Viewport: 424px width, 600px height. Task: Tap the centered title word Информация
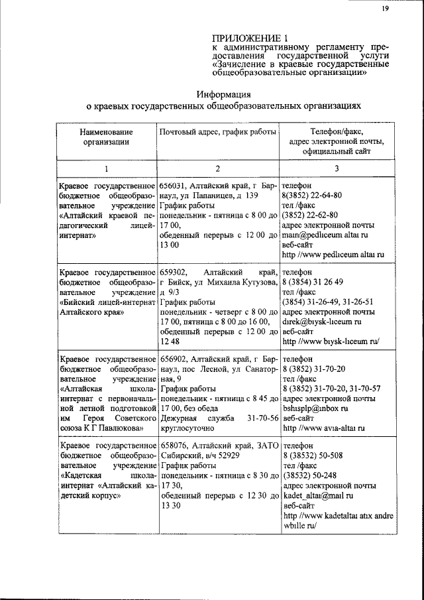[x=226, y=93]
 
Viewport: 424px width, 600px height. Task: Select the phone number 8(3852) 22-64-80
[x=312, y=196]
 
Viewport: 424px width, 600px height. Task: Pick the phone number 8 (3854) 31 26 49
[x=311, y=282]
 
